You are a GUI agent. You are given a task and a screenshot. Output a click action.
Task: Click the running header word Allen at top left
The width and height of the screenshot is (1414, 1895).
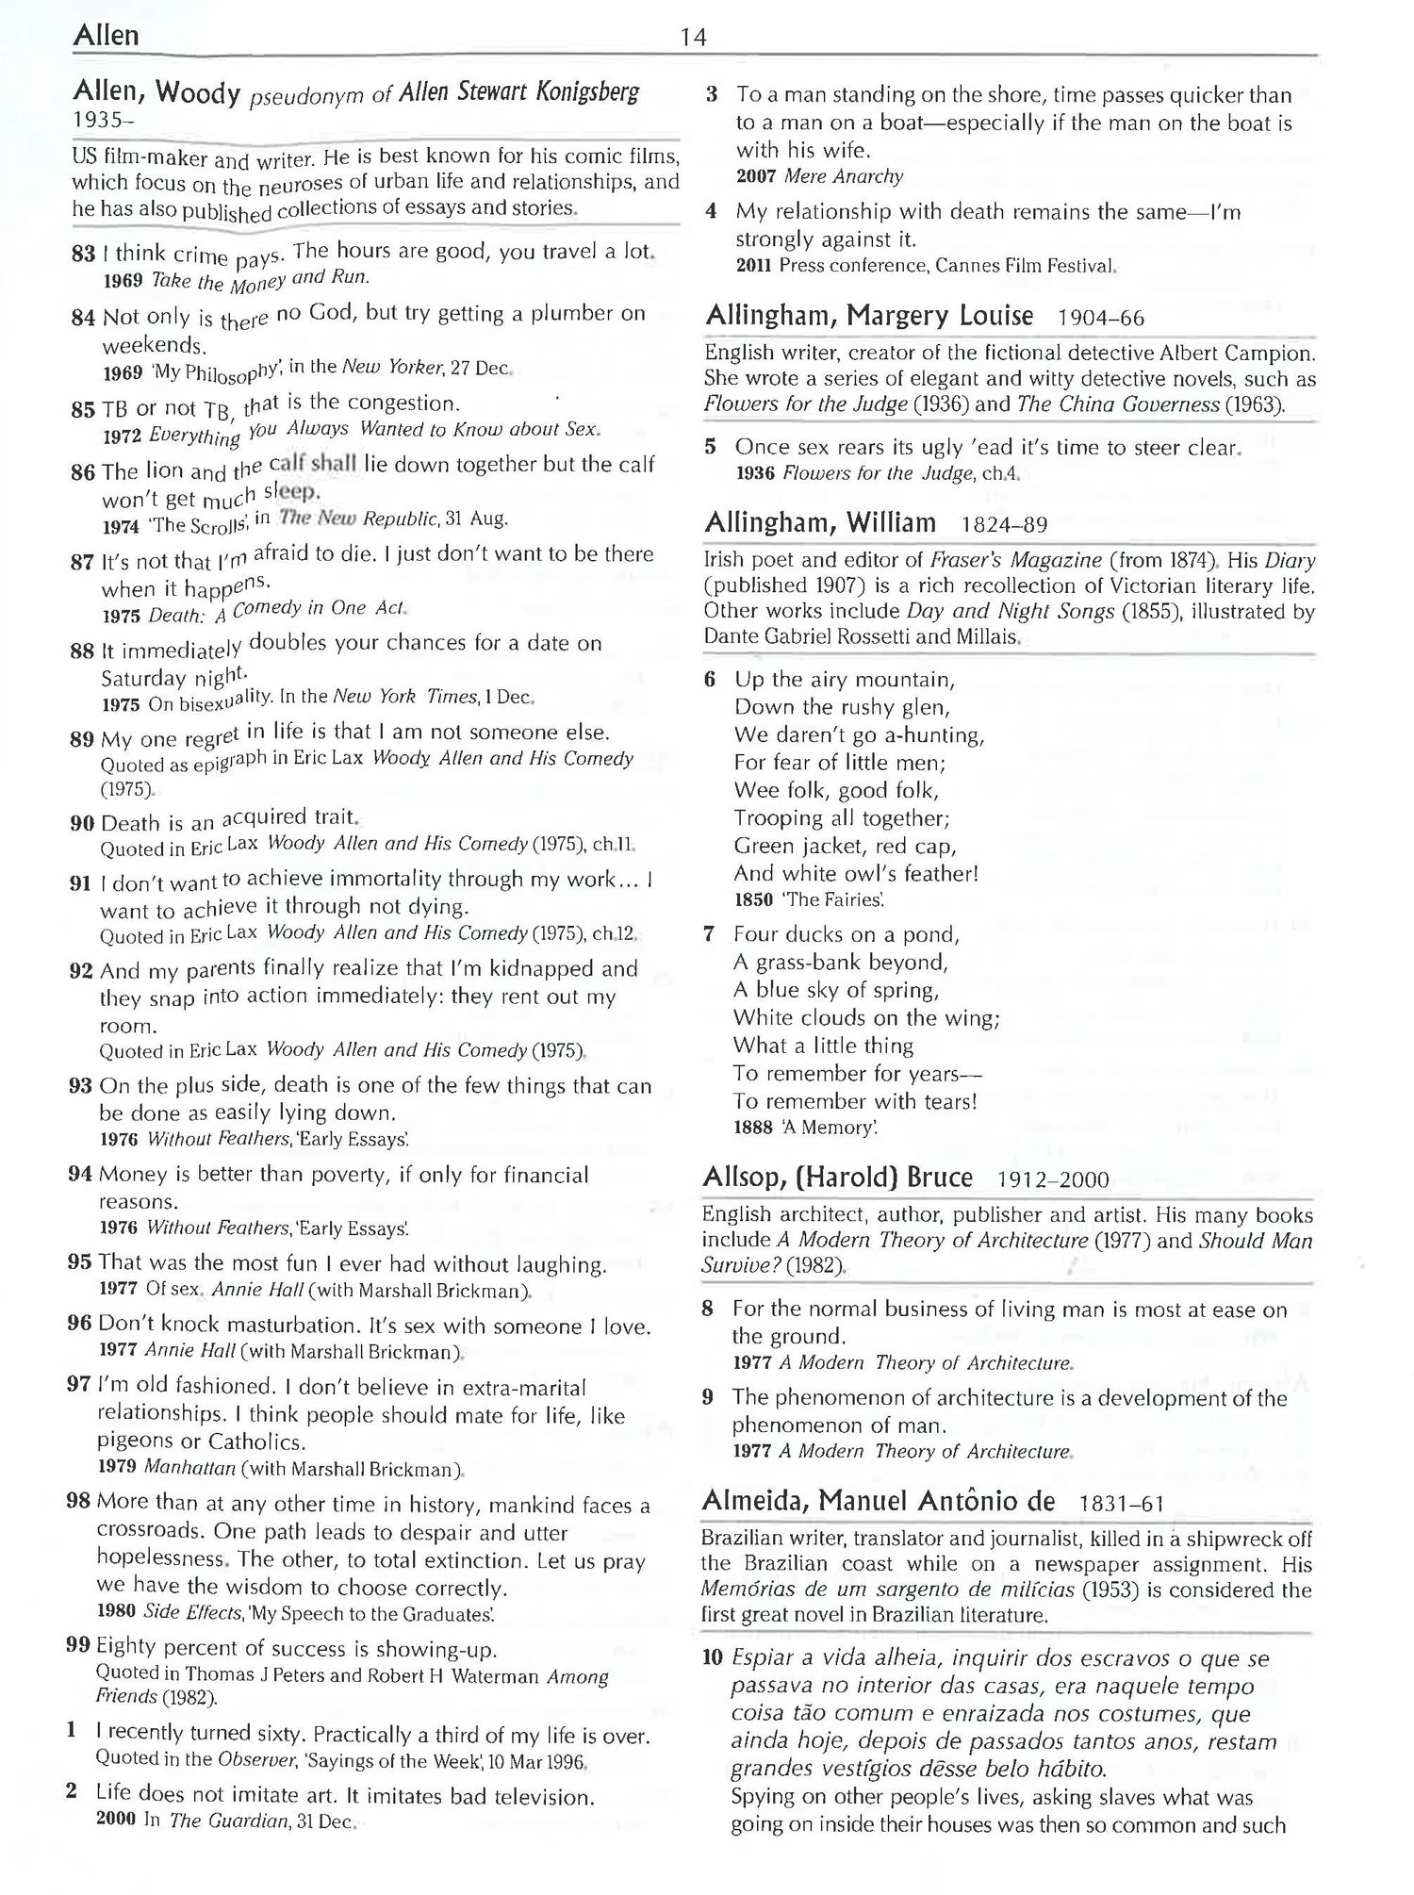pyautogui.click(x=105, y=36)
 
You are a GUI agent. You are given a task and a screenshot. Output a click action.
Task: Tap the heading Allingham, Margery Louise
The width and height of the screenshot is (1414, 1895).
pyautogui.click(x=869, y=316)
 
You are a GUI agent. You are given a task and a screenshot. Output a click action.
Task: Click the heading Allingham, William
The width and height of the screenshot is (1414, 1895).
pyautogui.click(x=820, y=522)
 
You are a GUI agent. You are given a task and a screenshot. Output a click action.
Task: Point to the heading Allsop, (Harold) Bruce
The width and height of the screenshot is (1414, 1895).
pyautogui.click(x=837, y=1178)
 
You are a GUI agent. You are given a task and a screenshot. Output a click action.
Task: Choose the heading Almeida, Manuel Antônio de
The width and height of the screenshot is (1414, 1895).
pyautogui.click(x=878, y=1501)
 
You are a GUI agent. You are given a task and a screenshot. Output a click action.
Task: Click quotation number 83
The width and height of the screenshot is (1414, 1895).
pyautogui.click(x=84, y=254)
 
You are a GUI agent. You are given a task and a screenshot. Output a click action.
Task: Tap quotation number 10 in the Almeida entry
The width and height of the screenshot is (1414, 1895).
pyautogui.click(x=714, y=1658)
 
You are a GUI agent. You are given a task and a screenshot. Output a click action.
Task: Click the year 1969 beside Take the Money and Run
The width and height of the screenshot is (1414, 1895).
pyautogui.click(x=123, y=280)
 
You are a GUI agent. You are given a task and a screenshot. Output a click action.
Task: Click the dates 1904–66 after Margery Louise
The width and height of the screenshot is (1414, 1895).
pyautogui.click(x=1101, y=318)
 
